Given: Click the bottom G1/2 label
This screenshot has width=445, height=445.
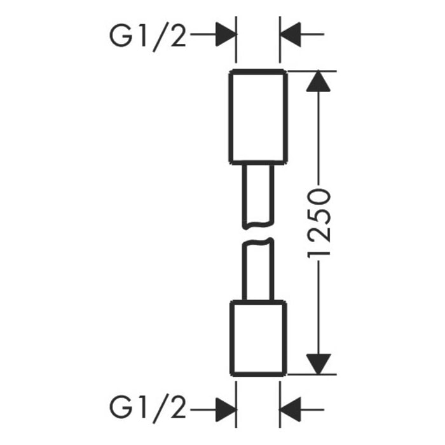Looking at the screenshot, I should click(x=148, y=404).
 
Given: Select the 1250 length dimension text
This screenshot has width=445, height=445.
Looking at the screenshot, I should click(x=319, y=222).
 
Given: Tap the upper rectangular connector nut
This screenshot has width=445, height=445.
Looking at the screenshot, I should click(x=257, y=116).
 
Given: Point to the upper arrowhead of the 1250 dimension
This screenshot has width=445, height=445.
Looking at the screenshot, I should click(x=319, y=81).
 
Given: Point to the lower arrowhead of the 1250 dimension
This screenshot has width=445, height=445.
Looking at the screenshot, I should click(x=319, y=364).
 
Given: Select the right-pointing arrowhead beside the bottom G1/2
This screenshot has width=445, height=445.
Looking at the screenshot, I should click(x=224, y=404).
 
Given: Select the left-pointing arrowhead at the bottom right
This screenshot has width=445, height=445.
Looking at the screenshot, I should click(x=292, y=404).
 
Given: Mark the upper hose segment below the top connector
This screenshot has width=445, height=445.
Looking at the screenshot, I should click(x=257, y=194).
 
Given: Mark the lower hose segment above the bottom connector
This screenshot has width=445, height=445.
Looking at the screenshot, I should click(x=257, y=270).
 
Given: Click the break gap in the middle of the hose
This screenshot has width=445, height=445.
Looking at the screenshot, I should click(x=257, y=233).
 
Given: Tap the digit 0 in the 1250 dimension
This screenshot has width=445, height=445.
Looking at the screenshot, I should click(x=319, y=198).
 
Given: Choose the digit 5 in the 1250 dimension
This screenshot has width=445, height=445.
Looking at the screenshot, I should click(x=319, y=216).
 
